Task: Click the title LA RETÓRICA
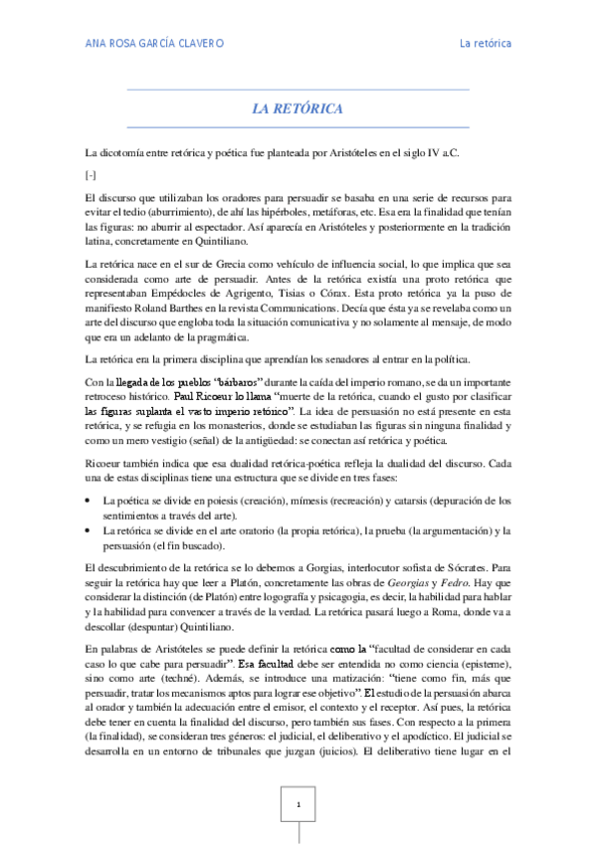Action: pyautogui.click(x=298, y=107)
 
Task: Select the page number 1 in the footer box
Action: pyautogui.click(x=298, y=802)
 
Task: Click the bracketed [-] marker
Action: pyautogui.click(x=92, y=174)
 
